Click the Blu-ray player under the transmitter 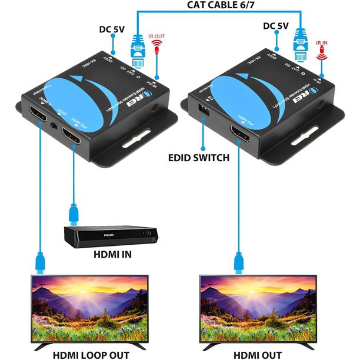pyautogui.click(x=111, y=235)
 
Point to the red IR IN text pyautogui.click(x=322, y=43)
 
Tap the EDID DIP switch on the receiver pyautogui.click(x=205, y=110)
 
